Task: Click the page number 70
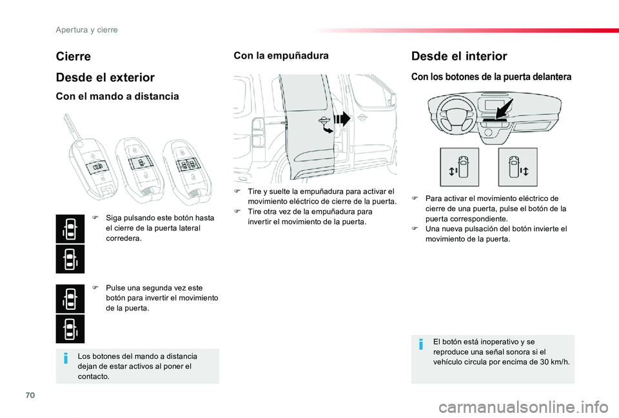tap(30, 395)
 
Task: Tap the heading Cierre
tap(74, 57)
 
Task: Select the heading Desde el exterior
tap(105, 77)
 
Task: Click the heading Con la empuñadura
tap(281, 55)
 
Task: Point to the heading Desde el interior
tap(459, 56)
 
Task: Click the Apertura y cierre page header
tap(87, 30)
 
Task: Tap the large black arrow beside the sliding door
tap(342, 119)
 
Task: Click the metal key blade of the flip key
tap(71, 125)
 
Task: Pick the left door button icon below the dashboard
tap(460, 167)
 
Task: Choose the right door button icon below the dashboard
tap(518, 167)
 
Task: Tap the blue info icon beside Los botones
tap(66, 358)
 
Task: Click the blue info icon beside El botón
tap(421, 344)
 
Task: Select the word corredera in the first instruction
tap(124, 238)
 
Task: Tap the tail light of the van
tap(257, 133)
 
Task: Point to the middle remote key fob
tap(140, 169)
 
